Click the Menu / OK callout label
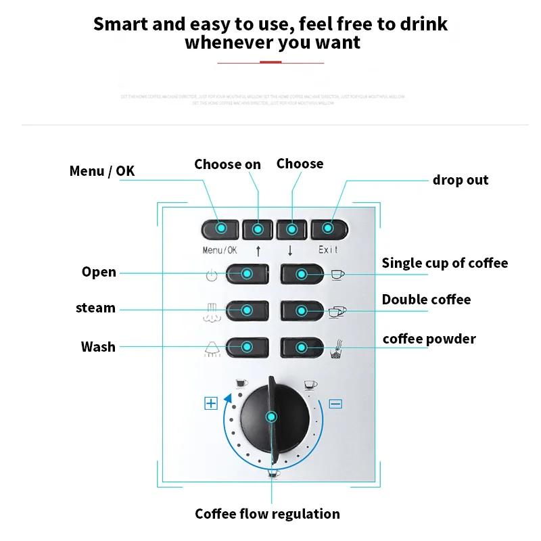[102, 171]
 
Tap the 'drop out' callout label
[461, 180]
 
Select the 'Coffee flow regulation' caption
[267, 514]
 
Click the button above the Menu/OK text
[220, 229]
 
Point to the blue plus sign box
[211, 404]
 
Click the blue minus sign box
[335, 404]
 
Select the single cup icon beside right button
[336, 274]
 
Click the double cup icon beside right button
[337, 311]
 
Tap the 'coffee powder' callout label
[429, 339]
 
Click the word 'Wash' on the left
[98, 347]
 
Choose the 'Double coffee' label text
[426, 300]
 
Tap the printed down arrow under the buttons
[291, 250]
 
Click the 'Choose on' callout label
[227, 164]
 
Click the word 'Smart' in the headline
[120, 24]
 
